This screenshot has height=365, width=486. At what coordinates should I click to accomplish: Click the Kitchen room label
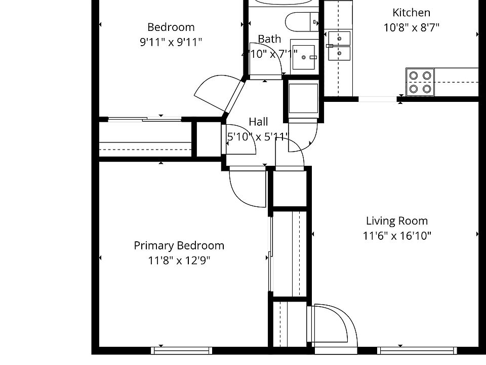coord(411,13)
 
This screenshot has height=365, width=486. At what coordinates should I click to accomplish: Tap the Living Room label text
coord(396,221)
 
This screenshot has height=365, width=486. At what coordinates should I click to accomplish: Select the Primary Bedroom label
coord(179,246)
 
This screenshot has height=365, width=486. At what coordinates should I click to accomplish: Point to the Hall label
coord(258,122)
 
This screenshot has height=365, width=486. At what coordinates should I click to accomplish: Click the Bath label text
coord(269,39)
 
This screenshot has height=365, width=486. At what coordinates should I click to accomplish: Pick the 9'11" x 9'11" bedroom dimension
coord(171,42)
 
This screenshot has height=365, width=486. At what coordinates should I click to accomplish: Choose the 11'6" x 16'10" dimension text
coord(396,236)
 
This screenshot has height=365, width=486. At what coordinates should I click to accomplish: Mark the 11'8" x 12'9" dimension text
coord(179,261)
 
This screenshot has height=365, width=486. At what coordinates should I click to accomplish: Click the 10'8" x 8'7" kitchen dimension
coord(411,27)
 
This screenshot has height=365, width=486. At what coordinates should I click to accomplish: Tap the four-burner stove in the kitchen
coord(420,82)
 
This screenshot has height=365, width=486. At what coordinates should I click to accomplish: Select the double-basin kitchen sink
coord(339,46)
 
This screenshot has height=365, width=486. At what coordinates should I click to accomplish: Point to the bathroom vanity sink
coord(305,57)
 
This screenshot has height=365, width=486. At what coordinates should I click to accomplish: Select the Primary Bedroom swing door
coord(248,188)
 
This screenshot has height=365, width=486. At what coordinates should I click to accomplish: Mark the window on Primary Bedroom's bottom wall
coord(181,350)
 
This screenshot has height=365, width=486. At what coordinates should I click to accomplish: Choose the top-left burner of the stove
coord(414,76)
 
